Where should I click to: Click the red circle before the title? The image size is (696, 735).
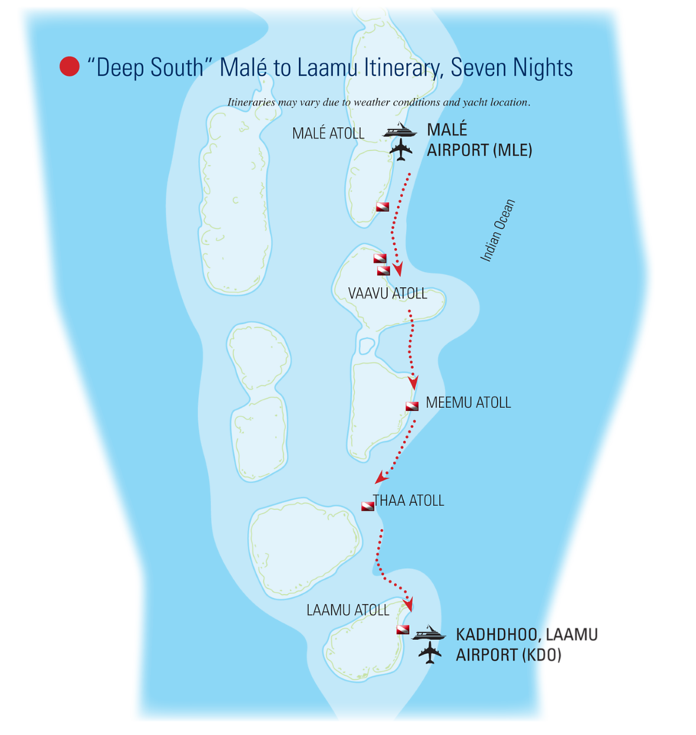click(x=70, y=67)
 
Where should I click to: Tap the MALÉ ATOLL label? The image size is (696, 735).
click(x=328, y=133)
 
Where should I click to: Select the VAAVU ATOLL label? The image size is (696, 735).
click(x=387, y=293)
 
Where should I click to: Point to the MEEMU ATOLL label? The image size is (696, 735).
click(x=468, y=403)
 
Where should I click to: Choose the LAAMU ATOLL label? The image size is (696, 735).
click(x=347, y=610)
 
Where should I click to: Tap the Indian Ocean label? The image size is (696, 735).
click(x=498, y=230)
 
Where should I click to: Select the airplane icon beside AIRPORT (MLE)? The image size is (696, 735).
click(x=401, y=150)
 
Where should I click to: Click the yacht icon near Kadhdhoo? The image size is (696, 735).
click(x=429, y=634)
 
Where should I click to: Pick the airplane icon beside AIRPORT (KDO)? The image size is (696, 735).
click(x=431, y=653)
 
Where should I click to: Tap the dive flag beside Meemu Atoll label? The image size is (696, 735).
click(x=412, y=406)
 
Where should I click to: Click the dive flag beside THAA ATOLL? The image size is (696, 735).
click(x=368, y=505)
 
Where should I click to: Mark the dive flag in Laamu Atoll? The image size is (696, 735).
click(x=402, y=629)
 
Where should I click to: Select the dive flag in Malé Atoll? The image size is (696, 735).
click(x=382, y=207)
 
